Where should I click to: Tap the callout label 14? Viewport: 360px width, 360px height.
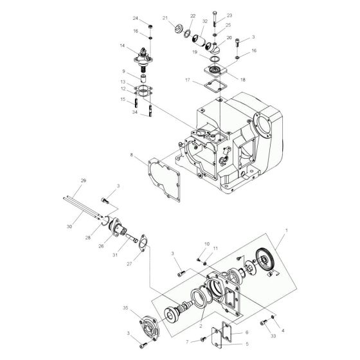[x=122, y=46]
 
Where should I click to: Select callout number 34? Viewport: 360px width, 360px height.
[x=134, y=113]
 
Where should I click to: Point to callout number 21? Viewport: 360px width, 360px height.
[x=165, y=18]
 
